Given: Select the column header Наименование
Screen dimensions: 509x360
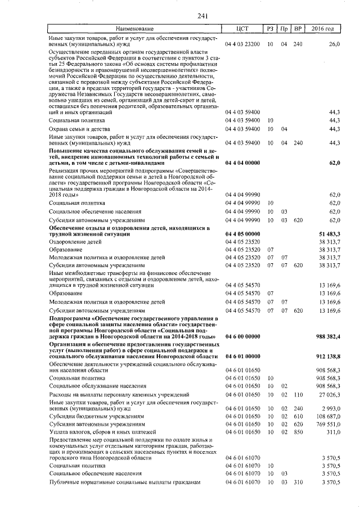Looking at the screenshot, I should (x=134, y=29).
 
